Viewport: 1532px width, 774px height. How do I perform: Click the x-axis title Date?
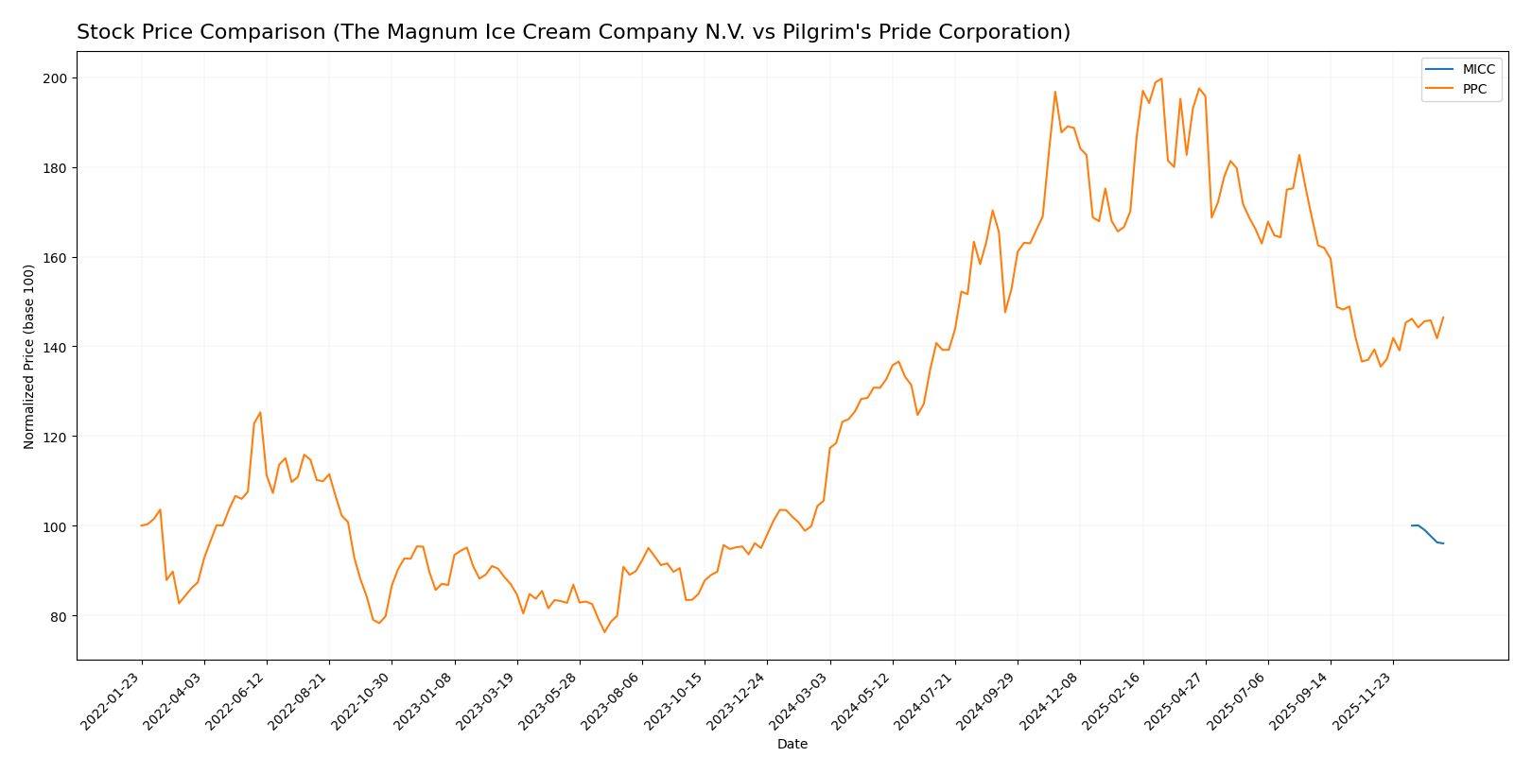coord(792,745)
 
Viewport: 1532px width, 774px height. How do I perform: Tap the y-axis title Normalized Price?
coord(29,356)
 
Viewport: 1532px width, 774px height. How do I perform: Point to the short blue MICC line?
coord(1427,533)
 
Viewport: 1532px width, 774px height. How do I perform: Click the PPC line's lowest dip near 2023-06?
coord(604,631)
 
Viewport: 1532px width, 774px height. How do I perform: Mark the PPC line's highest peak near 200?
coord(1161,79)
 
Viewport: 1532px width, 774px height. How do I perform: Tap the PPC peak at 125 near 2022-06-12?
coord(260,412)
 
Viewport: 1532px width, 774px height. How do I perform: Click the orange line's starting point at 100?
coord(142,525)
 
